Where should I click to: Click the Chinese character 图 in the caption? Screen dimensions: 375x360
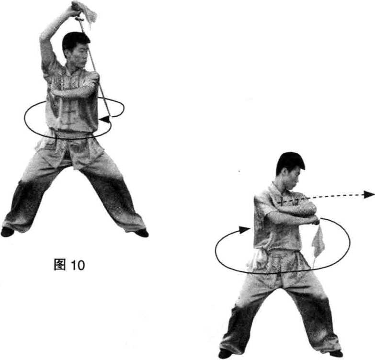click(60, 265)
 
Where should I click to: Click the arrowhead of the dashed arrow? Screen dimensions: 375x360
click(369, 194)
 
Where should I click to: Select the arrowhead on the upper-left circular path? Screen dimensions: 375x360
click(105, 119)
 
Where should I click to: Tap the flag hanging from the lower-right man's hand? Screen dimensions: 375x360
click(318, 241)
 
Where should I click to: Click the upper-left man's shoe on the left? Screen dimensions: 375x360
click(7, 232)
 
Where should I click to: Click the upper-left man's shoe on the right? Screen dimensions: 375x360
click(142, 233)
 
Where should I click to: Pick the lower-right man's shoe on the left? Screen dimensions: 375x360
click(225, 354)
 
